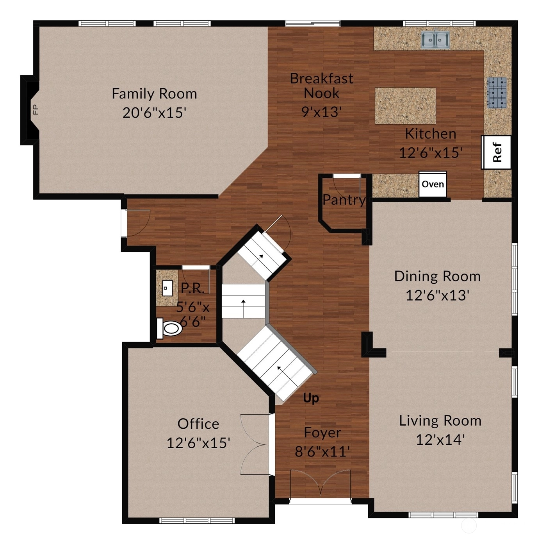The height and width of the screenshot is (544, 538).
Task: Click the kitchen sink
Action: (435, 39)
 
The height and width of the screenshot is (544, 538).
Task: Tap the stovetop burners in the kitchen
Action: (497, 93)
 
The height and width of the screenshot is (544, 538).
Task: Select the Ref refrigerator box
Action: (496, 152)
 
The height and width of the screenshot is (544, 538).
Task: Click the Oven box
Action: (433, 184)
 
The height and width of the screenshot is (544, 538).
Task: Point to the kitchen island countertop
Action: (405, 106)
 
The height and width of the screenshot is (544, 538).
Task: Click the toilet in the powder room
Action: (169, 328)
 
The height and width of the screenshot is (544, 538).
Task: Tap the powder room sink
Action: (167, 288)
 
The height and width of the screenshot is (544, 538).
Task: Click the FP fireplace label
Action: (36, 109)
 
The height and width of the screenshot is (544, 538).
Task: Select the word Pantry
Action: (344, 200)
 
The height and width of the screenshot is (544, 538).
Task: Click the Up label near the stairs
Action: (311, 398)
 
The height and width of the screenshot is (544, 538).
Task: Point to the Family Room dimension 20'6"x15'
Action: (154, 113)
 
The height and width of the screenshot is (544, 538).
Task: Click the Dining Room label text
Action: (437, 276)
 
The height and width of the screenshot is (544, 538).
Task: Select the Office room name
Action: (198, 424)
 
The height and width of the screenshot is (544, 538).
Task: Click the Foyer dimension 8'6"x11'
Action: (322, 451)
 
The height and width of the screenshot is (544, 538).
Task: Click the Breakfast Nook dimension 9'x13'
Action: (322, 112)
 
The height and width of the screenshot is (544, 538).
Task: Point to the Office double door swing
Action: (253, 445)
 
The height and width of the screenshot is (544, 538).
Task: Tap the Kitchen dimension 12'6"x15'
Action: (431, 152)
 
